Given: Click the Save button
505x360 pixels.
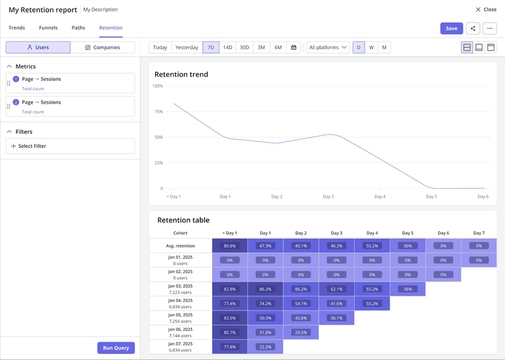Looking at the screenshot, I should [x=451, y=28].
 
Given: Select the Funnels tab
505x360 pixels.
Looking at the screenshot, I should [x=48, y=28].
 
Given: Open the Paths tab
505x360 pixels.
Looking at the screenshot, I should [x=78, y=28].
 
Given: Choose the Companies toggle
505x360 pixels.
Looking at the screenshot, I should [x=102, y=47].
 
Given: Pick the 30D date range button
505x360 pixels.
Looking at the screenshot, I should [x=244, y=47].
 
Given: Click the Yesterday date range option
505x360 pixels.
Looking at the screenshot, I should [x=186, y=47].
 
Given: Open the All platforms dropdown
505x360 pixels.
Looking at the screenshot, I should [x=328, y=47].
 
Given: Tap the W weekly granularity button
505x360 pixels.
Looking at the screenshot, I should [x=371, y=47].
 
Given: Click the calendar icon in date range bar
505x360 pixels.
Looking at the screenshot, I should [x=294, y=47].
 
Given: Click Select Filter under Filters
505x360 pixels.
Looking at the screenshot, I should [x=70, y=146].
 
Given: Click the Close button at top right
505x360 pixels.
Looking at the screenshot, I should [x=486, y=9].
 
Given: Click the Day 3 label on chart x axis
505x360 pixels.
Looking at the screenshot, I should [x=328, y=196].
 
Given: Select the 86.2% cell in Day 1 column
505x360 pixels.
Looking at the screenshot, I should [x=265, y=289].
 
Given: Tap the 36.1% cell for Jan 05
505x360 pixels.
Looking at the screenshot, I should [x=336, y=318].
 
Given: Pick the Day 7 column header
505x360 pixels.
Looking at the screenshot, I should [x=478, y=233].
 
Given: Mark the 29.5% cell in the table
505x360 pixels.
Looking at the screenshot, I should [x=301, y=332].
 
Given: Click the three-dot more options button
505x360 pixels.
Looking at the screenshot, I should [x=490, y=28].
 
